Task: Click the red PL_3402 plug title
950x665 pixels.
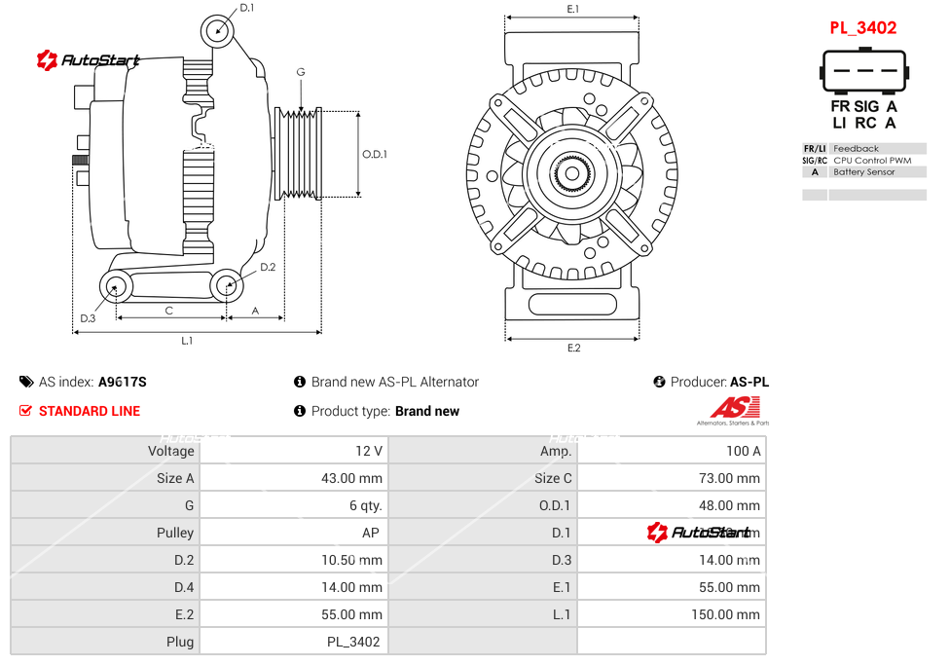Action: coord(862,28)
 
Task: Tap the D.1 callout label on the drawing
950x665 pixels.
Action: coord(246,8)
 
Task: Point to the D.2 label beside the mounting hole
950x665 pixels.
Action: coord(268,267)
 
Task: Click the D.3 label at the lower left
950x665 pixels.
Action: coord(88,317)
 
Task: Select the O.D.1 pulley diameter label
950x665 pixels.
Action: coord(375,154)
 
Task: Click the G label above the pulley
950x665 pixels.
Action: coord(301,73)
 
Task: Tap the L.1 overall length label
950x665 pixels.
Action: coord(187,341)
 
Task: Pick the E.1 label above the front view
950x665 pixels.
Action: coord(573,9)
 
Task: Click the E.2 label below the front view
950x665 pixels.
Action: coord(573,348)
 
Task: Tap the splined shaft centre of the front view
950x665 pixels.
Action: coord(572,175)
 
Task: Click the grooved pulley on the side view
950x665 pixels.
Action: coord(300,153)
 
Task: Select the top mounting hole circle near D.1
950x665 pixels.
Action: coord(219,30)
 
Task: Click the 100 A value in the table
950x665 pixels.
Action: coord(744,451)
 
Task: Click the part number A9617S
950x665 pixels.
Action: coord(123,382)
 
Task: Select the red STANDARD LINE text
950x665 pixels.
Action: coord(90,411)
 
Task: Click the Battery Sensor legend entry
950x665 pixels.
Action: coord(863,172)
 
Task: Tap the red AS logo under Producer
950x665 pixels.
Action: coord(735,408)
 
